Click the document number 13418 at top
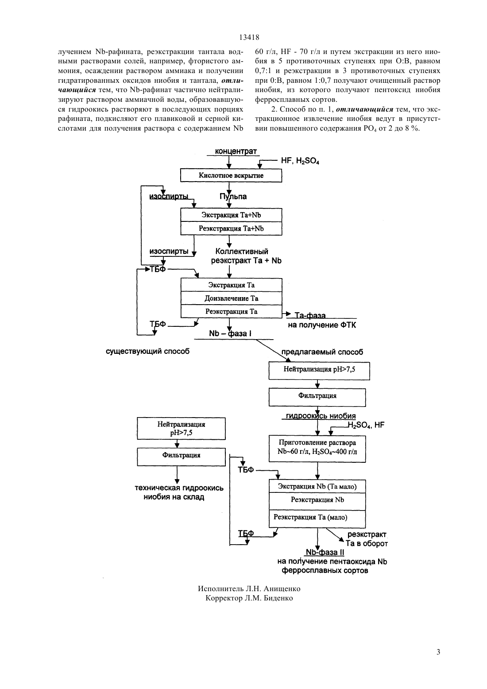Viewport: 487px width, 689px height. [249, 38]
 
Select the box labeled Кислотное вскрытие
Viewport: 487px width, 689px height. [231, 175]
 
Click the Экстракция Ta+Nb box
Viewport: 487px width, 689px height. [231, 215]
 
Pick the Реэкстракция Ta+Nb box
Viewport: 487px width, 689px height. [231, 228]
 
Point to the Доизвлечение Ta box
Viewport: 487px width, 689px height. [231, 298]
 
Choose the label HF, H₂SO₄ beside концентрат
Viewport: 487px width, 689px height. [300, 161]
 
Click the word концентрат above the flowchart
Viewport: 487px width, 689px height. [236, 151]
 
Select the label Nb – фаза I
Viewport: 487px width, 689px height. [230, 333]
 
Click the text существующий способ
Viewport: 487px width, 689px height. [147, 351]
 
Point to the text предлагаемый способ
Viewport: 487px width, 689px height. [322, 352]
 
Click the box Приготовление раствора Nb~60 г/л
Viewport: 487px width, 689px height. [317, 449]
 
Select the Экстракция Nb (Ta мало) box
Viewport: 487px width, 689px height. [317, 486]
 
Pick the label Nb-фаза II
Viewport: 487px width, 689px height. [325, 553]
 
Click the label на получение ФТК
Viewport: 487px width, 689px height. [322, 325]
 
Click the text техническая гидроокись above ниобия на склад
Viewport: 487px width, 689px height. [179, 488]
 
